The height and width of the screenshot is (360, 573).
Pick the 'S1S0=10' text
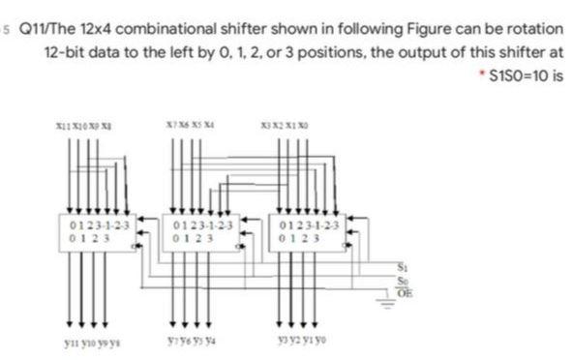[517, 75]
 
